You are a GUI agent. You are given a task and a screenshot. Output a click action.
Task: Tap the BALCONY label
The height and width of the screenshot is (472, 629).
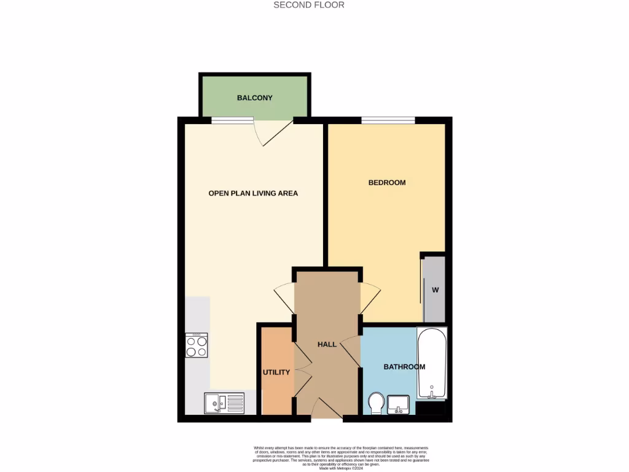(254, 98)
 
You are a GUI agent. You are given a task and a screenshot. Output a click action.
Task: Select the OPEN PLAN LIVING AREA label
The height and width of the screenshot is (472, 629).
(253, 193)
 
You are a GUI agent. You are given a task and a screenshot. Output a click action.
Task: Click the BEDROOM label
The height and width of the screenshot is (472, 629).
(387, 183)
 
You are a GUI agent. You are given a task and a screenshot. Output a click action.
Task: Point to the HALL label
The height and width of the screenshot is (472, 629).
(327, 344)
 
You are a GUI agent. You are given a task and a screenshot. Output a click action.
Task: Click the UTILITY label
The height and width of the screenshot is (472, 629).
(276, 372)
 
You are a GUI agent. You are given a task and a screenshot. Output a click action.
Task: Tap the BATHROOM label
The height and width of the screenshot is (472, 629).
(404, 367)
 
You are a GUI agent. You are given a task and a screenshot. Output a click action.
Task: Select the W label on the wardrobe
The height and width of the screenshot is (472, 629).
(436, 290)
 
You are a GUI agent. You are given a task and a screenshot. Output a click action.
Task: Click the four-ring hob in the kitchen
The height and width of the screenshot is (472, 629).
(197, 345)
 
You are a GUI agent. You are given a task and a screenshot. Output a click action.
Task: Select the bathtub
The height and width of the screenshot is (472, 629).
(432, 364)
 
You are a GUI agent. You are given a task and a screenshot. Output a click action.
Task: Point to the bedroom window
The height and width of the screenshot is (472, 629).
(388, 120)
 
